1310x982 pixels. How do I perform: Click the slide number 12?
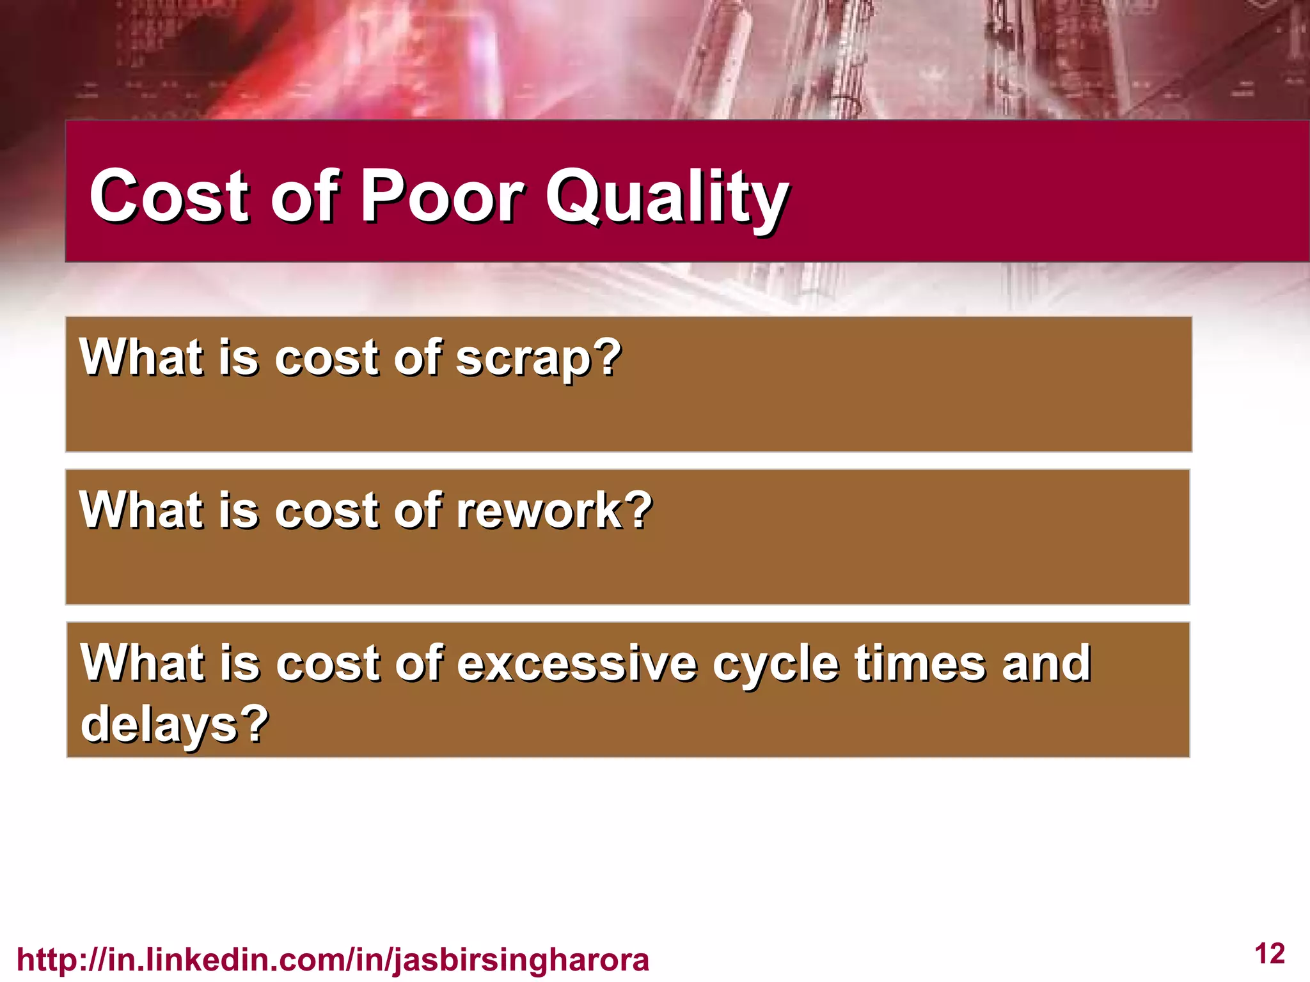pyautogui.click(x=1270, y=953)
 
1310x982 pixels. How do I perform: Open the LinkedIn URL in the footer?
pyautogui.click(x=333, y=960)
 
